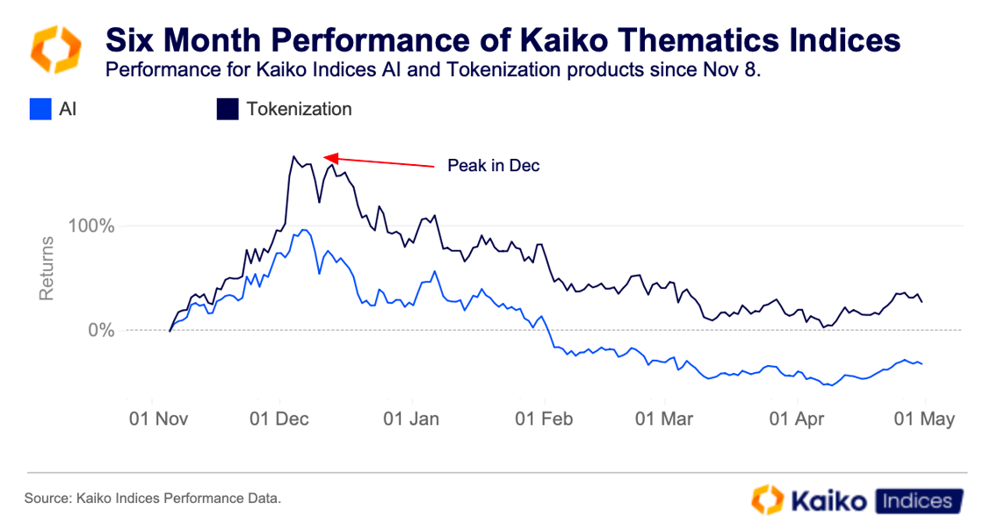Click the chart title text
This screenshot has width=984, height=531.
[x=503, y=39]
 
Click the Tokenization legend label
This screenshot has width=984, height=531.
[x=299, y=110]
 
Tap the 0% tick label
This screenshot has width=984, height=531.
[x=100, y=331]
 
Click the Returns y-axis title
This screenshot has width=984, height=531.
[x=47, y=273]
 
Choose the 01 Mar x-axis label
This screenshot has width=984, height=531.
[x=665, y=419]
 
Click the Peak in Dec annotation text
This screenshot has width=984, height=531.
[x=493, y=166]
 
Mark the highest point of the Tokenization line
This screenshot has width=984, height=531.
[x=293, y=156]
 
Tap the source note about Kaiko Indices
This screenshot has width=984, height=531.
[x=153, y=499]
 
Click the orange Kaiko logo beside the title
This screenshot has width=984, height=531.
[x=56, y=49]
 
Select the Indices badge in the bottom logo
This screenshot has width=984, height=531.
[x=916, y=500]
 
